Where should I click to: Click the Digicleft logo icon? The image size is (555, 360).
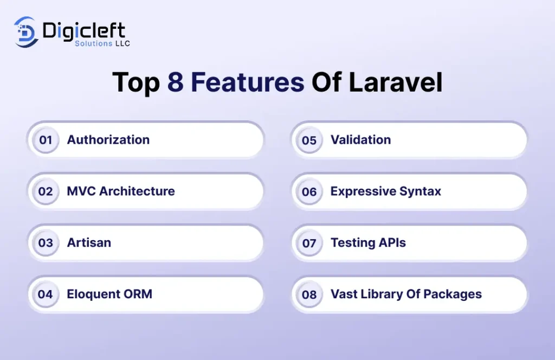(x=25, y=32)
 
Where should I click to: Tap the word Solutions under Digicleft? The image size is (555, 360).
(x=93, y=43)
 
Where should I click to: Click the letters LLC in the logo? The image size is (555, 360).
(x=122, y=43)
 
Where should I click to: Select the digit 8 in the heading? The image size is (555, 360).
(x=176, y=82)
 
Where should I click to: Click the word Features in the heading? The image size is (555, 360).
(x=247, y=82)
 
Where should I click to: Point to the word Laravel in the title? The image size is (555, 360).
(x=395, y=82)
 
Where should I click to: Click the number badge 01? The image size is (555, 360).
(x=46, y=140)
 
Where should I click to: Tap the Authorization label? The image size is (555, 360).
(x=108, y=140)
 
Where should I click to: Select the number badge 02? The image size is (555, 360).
(x=46, y=191)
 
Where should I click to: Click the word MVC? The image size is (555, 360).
(x=81, y=191)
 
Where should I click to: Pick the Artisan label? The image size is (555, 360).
(x=89, y=242)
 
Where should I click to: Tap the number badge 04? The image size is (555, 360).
(x=46, y=294)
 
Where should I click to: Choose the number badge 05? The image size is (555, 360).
(x=309, y=140)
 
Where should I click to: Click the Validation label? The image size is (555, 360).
(x=360, y=140)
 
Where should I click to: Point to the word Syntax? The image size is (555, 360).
(x=420, y=191)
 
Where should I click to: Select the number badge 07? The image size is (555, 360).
(x=309, y=243)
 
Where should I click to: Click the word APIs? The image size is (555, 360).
(x=392, y=242)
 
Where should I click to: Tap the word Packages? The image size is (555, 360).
(x=453, y=294)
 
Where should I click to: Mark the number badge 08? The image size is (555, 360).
(x=309, y=294)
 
